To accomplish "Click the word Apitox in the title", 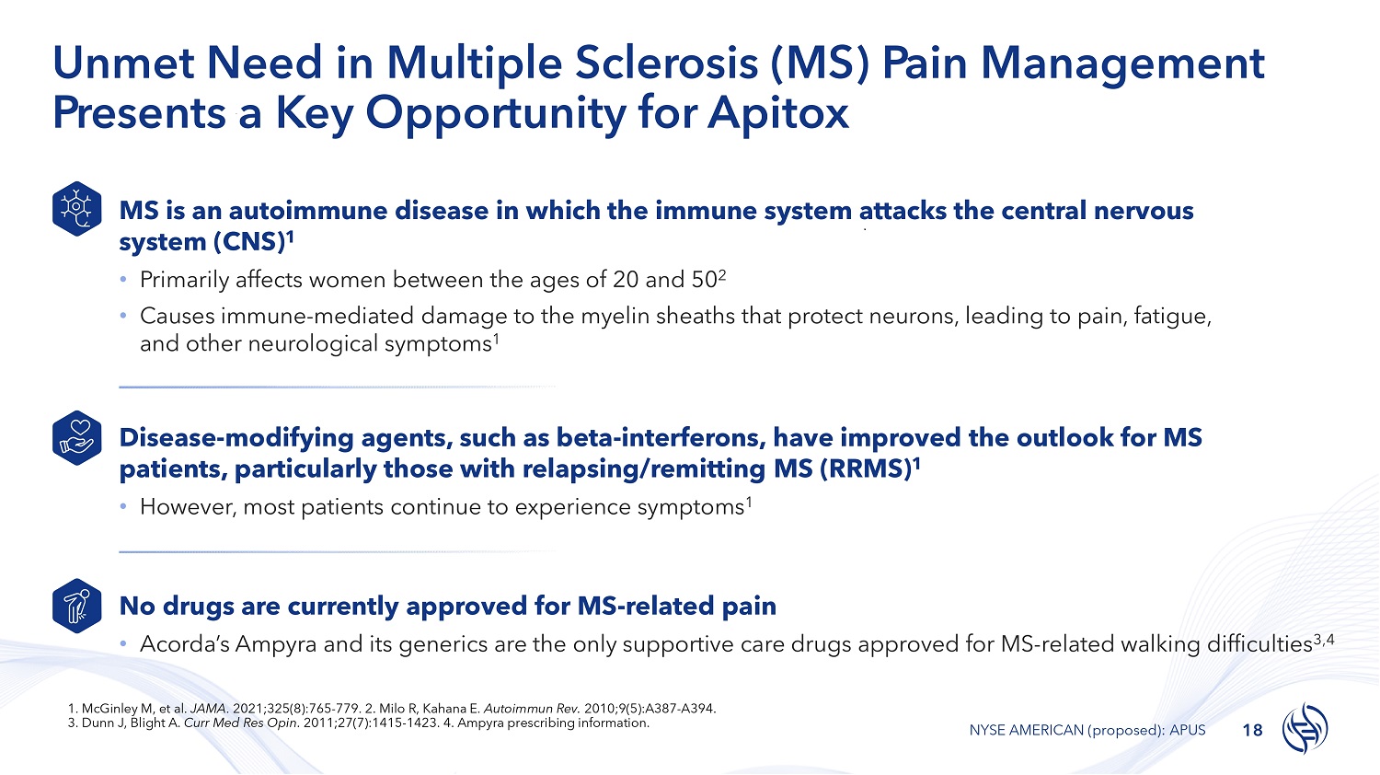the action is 778,113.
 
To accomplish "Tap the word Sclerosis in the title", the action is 666,63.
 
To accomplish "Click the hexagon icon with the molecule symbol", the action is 77,208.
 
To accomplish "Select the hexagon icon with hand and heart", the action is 77,438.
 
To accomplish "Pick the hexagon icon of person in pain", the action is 77,606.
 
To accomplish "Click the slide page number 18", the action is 1252,731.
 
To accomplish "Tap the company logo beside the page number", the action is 1305,728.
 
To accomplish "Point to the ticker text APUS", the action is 1187,730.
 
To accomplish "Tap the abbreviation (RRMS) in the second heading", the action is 866,468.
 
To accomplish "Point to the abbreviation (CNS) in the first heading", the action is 249,242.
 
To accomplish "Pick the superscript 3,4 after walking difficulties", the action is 1324,640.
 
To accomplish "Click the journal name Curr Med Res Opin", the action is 241,723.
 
